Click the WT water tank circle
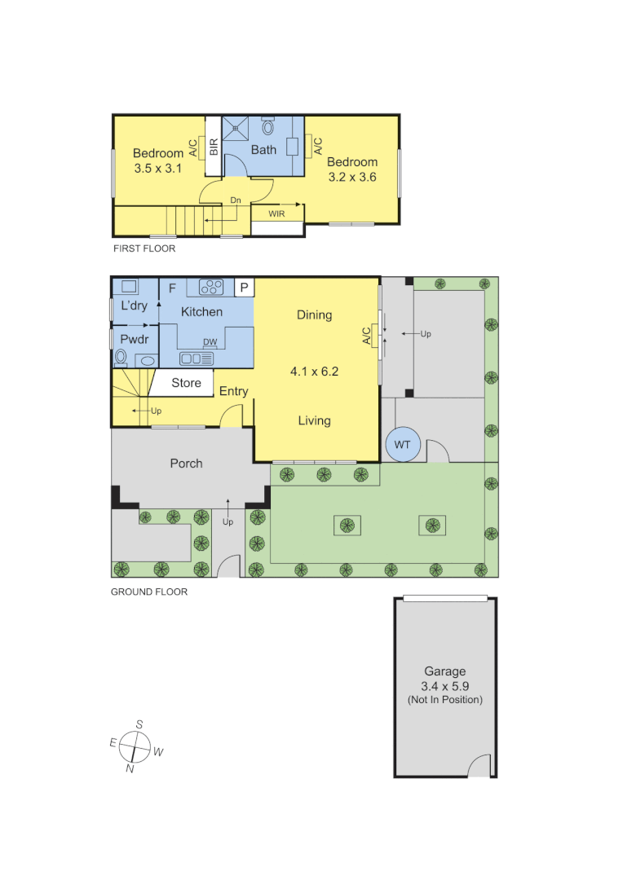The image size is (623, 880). pyautogui.click(x=403, y=445)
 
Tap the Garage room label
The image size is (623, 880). pyautogui.click(x=444, y=672)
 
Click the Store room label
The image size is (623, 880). pyautogui.click(x=186, y=383)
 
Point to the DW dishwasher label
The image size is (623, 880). pyautogui.click(x=210, y=342)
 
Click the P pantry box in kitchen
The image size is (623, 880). pyautogui.click(x=244, y=288)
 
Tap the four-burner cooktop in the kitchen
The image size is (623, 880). pyautogui.click(x=211, y=287)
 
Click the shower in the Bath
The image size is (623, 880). pyautogui.click(x=236, y=127)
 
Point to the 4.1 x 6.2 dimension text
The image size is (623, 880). pyautogui.click(x=314, y=372)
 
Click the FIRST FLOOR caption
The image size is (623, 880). pyautogui.click(x=144, y=249)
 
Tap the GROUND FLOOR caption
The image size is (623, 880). pyautogui.click(x=149, y=592)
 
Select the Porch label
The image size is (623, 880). pyautogui.click(x=186, y=464)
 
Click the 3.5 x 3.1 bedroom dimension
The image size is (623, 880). pyautogui.click(x=157, y=169)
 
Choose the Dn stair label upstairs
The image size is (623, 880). pyautogui.click(x=235, y=199)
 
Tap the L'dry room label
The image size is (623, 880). pyautogui.click(x=134, y=306)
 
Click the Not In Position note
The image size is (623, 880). pyautogui.click(x=444, y=700)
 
